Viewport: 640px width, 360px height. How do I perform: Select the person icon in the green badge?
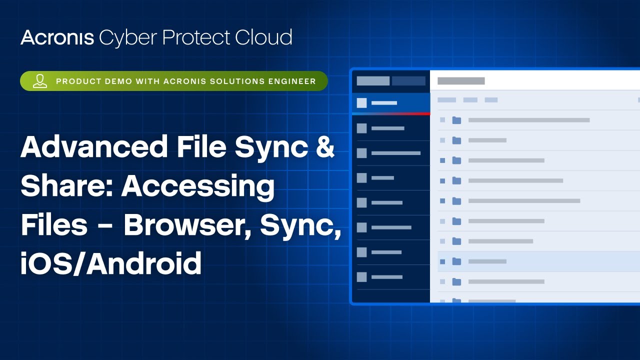[40, 81]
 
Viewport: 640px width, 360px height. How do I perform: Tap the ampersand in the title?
[324, 148]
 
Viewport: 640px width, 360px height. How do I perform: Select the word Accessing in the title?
[198, 187]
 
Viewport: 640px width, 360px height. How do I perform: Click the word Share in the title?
[63, 187]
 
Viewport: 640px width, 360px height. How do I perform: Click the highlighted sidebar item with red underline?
[390, 103]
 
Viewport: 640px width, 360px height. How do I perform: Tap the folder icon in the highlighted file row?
[456, 261]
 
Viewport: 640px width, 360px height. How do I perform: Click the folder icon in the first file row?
[456, 120]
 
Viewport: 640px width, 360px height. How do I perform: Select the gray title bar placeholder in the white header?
[461, 81]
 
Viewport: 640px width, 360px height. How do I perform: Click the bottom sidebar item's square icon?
[361, 277]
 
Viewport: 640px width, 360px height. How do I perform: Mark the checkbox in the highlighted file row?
[442, 261]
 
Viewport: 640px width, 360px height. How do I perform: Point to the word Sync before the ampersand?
[268, 148]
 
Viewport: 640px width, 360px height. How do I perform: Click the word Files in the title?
[53, 225]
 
